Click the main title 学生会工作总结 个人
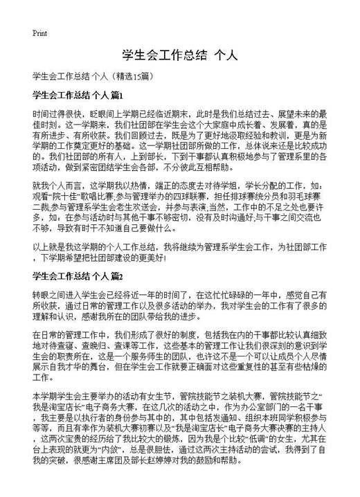(180, 55)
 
